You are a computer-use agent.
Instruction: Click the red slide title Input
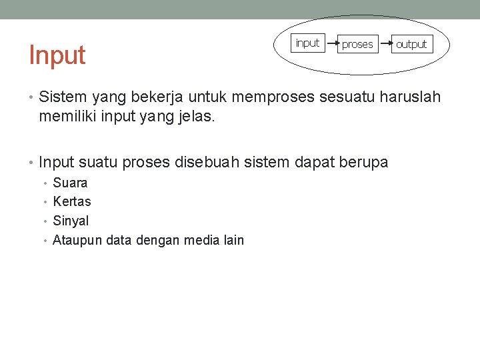click(x=57, y=55)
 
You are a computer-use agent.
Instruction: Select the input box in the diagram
click(x=307, y=43)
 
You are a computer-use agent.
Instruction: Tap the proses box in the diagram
click(x=357, y=45)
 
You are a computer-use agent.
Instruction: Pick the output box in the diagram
click(x=411, y=45)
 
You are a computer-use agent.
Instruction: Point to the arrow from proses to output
click(x=384, y=44)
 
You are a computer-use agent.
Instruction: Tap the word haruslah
click(x=410, y=97)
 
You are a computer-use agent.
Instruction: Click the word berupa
click(x=363, y=161)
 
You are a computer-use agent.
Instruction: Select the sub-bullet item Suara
click(x=70, y=183)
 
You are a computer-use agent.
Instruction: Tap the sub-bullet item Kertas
click(x=72, y=201)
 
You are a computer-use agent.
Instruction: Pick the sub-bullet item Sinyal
click(x=71, y=221)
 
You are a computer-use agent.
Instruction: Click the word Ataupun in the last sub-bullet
click(x=77, y=240)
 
